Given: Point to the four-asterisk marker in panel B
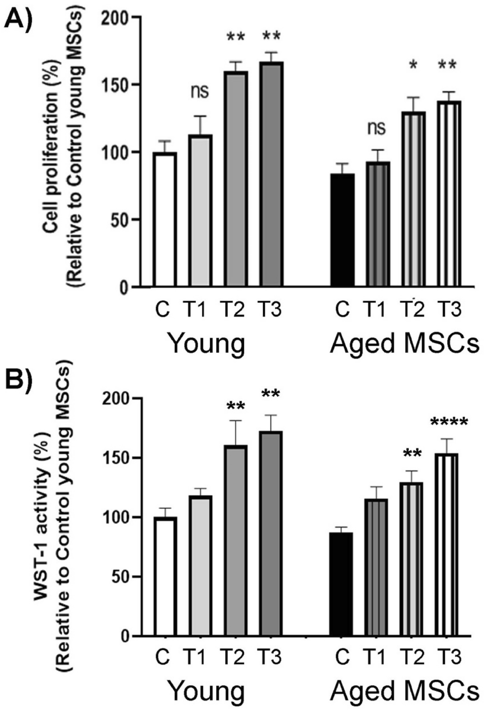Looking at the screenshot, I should pos(448,423).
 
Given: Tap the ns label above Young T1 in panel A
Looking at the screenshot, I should pos(199,91).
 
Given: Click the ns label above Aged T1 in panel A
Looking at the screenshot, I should pos(376,127).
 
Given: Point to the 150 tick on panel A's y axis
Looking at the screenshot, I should pos(116,85).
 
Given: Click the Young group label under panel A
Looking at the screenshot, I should pos(207,344).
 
